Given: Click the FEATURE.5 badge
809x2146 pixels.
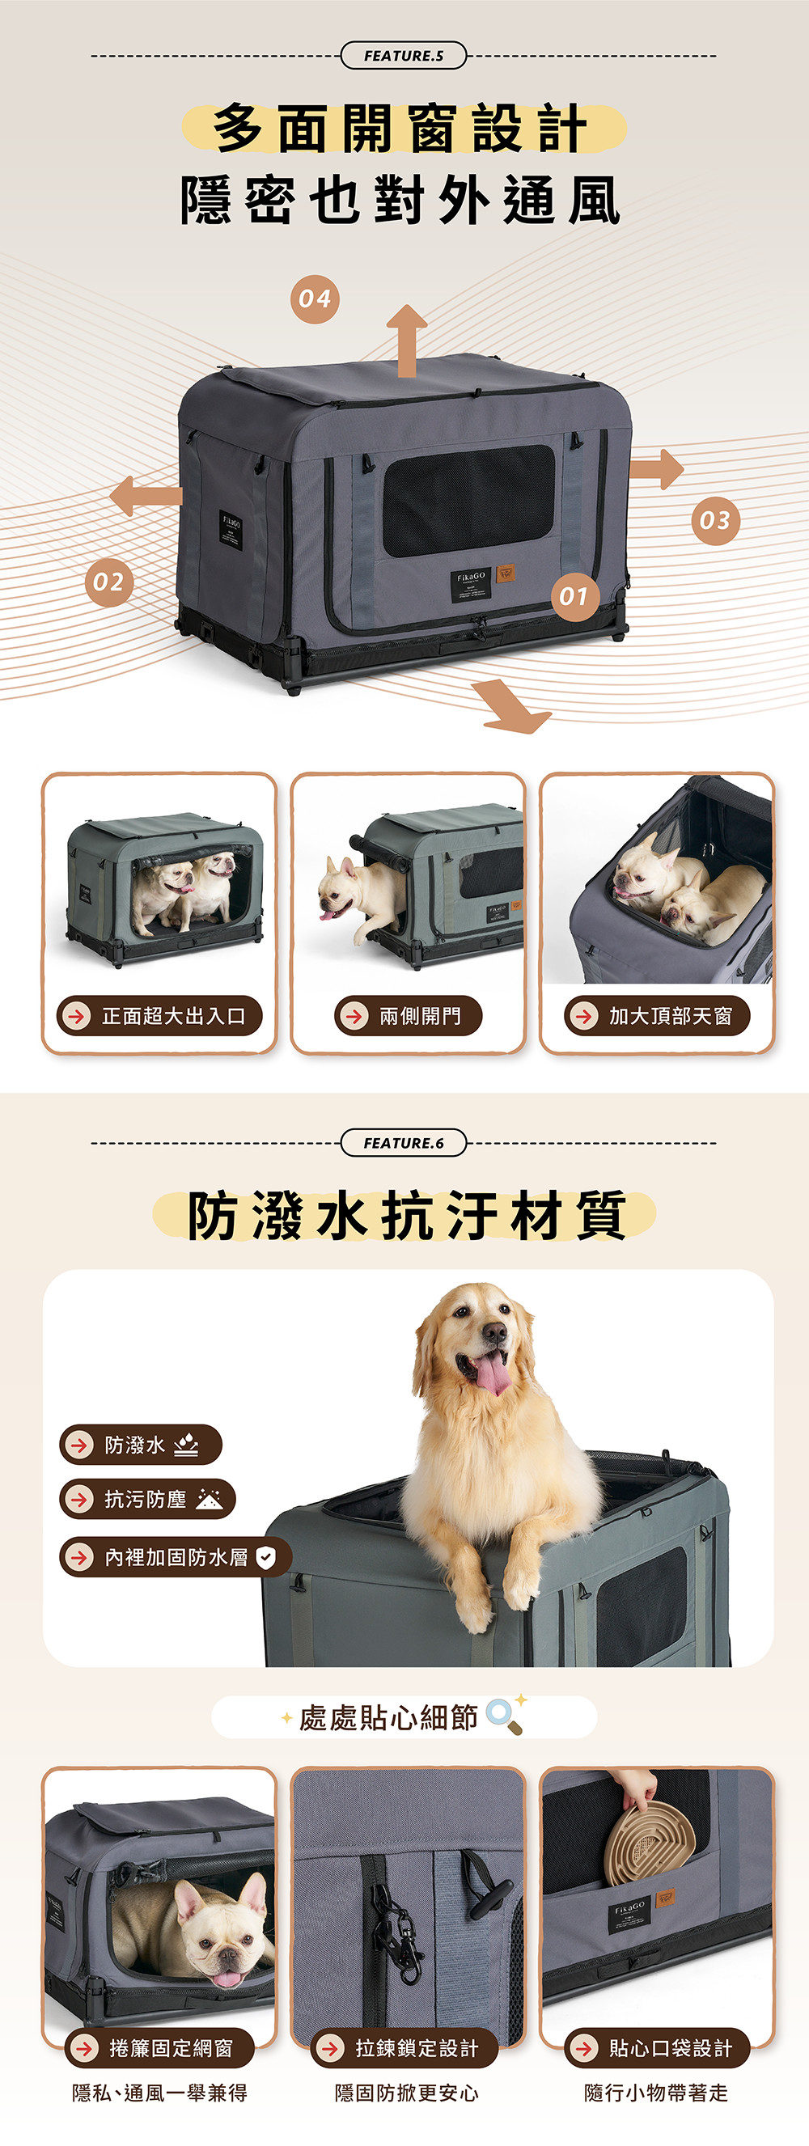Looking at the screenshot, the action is tap(403, 56).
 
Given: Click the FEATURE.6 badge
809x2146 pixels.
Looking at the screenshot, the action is tap(403, 1143).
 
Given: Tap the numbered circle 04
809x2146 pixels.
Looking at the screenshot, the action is tap(315, 298).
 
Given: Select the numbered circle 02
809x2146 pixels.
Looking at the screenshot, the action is tap(108, 582).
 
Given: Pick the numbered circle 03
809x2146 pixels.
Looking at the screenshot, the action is tap(715, 521).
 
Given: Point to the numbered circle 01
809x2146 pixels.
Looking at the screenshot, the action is tap(574, 596).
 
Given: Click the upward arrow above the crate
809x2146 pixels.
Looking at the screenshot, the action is tap(407, 341).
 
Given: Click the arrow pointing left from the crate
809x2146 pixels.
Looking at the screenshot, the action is tap(146, 497).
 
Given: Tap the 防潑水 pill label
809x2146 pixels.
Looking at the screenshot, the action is tap(141, 1445).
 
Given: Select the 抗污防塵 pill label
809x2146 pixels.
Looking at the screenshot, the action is tap(147, 1500).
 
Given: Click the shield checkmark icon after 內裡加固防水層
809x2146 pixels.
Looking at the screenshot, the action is tap(266, 1557).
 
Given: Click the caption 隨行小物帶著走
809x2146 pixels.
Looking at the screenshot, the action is tap(657, 2093).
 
